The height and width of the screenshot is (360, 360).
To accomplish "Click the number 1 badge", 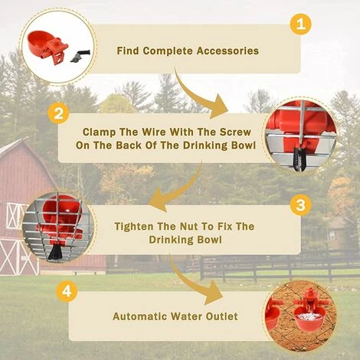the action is click(301, 25).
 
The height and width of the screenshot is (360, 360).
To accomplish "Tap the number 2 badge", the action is click(58, 113).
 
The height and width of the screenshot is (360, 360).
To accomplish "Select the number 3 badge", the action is click(300, 205).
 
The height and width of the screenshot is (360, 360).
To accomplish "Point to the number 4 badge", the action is click(67, 291).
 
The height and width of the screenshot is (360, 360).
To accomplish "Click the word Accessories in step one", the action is click(227, 51).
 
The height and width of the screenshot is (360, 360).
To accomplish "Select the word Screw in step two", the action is click(235, 132).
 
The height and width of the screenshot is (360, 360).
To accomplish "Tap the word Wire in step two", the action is click(155, 132).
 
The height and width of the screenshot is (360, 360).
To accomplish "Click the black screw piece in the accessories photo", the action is click(80, 55).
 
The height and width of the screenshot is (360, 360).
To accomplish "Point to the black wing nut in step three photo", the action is click(54, 250).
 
